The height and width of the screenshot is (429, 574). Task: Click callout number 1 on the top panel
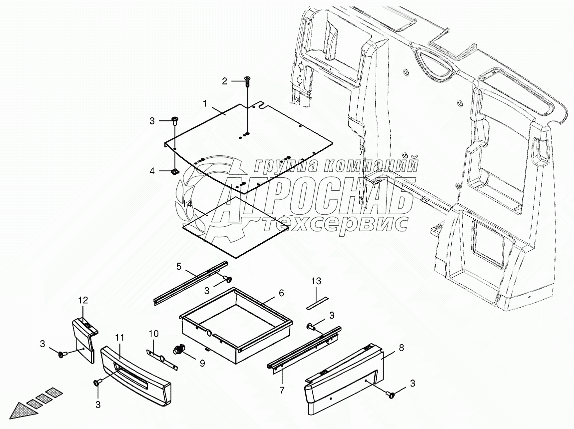click(x=204, y=103)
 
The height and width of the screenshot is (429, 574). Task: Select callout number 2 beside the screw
click(x=225, y=81)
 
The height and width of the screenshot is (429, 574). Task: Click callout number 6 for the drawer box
click(x=281, y=293)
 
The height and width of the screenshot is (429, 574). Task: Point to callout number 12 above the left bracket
click(x=82, y=300)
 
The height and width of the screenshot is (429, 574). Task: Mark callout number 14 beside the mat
click(x=187, y=204)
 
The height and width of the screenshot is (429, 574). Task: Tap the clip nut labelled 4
click(x=175, y=171)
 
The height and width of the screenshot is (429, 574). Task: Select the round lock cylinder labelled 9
click(x=178, y=349)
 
